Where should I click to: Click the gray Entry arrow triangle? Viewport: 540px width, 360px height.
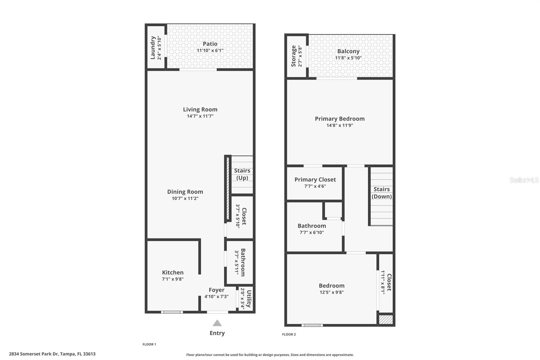pyautogui.click(x=217, y=323)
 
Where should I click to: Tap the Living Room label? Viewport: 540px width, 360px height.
pyautogui.click(x=200, y=109)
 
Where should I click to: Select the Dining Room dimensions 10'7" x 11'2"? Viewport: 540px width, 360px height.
pyautogui.click(x=185, y=198)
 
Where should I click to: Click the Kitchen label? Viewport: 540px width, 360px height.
pyautogui.click(x=173, y=273)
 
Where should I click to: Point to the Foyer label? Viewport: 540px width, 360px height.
pyautogui.click(x=216, y=290)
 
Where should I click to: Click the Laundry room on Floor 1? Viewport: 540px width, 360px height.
pyautogui.click(x=155, y=48)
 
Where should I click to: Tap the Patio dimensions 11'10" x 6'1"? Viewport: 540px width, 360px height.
pyautogui.click(x=210, y=50)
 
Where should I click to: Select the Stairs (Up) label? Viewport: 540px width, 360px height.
pyautogui.click(x=242, y=174)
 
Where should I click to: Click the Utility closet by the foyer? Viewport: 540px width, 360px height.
pyautogui.click(x=246, y=299)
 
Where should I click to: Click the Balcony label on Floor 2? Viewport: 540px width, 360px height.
pyautogui.click(x=348, y=51)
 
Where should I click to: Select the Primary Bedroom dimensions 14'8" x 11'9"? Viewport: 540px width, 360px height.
pyautogui.click(x=340, y=125)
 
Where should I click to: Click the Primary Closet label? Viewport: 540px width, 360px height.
pyautogui.click(x=315, y=180)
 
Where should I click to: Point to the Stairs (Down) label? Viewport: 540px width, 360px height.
pyautogui.click(x=381, y=193)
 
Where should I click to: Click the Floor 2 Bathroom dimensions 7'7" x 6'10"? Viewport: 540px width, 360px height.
pyautogui.click(x=312, y=232)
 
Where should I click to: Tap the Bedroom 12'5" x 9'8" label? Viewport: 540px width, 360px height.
pyautogui.click(x=331, y=286)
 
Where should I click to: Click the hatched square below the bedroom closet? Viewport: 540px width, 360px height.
pyautogui.click(x=386, y=319)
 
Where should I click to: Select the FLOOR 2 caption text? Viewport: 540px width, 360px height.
pyautogui.click(x=289, y=334)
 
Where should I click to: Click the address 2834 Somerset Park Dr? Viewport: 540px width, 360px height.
pyautogui.click(x=52, y=354)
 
